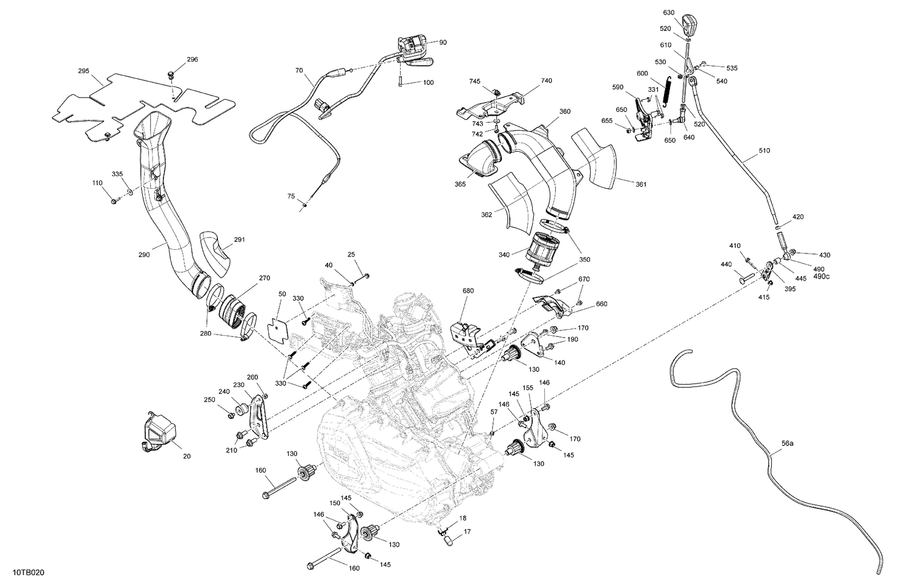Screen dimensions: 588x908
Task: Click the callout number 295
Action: tap(84, 71)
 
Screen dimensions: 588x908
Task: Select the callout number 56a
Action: tap(786, 443)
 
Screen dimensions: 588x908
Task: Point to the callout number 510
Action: tap(764, 151)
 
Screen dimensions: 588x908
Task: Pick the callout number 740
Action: tap(546, 80)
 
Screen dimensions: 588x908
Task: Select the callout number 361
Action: tap(641, 184)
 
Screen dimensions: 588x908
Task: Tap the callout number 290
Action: tap(143, 255)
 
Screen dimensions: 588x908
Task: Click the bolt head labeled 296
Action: tap(171, 75)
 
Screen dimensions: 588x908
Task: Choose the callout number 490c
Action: tap(822, 276)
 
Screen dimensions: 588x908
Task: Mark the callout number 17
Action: tap(467, 532)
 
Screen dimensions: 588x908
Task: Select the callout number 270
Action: tap(265, 278)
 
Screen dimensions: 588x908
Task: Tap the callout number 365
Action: tap(460, 184)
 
